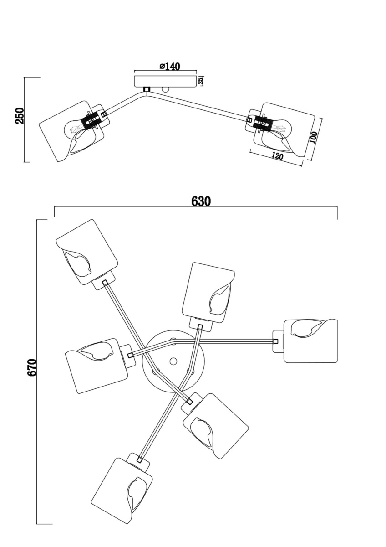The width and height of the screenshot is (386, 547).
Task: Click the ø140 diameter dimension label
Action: click(x=170, y=67)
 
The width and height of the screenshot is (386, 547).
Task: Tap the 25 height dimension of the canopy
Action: click(x=200, y=81)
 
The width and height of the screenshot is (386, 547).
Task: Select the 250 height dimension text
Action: click(x=20, y=116)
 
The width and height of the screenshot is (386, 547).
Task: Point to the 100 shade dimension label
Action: click(x=314, y=137)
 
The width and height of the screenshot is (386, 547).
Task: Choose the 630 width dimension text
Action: click(x=201, y=201)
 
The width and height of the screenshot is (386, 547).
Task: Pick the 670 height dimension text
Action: click(x=32, y=367)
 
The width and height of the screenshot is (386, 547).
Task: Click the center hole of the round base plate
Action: click(x=173, y=361)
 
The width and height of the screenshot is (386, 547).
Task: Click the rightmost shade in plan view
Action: click(x=310, y=341)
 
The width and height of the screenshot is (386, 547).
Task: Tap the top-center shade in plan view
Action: click(x=208, y=292)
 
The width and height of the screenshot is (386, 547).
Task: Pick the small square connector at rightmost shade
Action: click(x=275, y=341)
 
